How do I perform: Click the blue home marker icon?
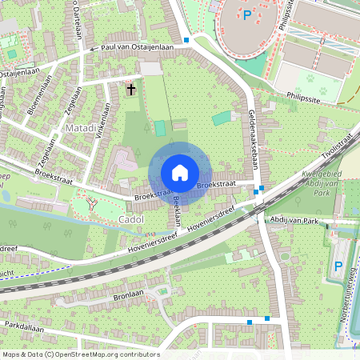click(x=179, y=173)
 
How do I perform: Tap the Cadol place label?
click(x=130, y=218)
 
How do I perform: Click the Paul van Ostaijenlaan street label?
click(x=134, y=48)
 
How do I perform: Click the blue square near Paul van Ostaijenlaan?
click(x=186, y=40)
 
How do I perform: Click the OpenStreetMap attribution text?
click(x=81, y=354)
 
